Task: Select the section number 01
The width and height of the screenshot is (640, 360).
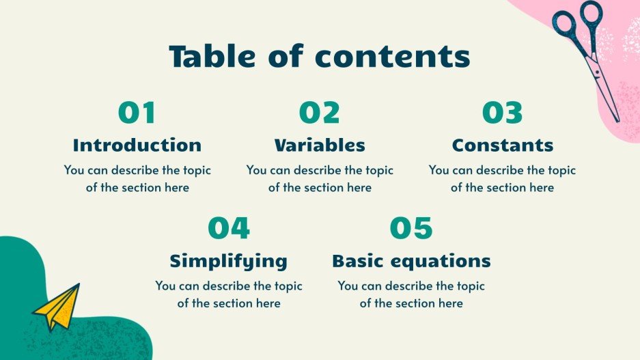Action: pyautogui.click(x=137, y=113)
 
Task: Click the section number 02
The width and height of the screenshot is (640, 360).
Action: pyautogui.click(x=319, y=113)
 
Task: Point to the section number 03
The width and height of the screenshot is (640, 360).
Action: pyautogui.click(x=502, y=113)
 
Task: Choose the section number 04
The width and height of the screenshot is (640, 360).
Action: pyautogui.click(x=229, y=228)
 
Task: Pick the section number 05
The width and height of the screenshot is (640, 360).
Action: pyautogui.click(x=411, y=228)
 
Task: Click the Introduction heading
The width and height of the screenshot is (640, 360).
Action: pyautogui.click(x=137, y=146)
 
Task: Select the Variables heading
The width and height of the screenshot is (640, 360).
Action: pyautogui.click(x=320, y=146)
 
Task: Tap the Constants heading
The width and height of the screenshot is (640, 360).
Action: pyautogui.click(x=503, y=146)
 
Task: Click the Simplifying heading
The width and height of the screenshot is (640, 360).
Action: pyautogui.click(x=229, y=261)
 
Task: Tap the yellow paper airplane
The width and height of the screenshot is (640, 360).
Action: pyautogui.click(x=57, y=307)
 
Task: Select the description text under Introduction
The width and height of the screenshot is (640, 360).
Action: pyautogui.click(x=137, y=178)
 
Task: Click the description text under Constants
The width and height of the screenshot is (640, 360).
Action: pyautogui.click(x=502, y=178)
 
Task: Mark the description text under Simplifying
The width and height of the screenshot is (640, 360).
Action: pyautogui.click(x=229, y=294)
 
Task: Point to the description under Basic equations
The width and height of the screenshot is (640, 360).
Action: pyautogui.click(x=411, y=294)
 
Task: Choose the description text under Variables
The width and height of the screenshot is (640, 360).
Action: pyautogui.click(x=320, y=178)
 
